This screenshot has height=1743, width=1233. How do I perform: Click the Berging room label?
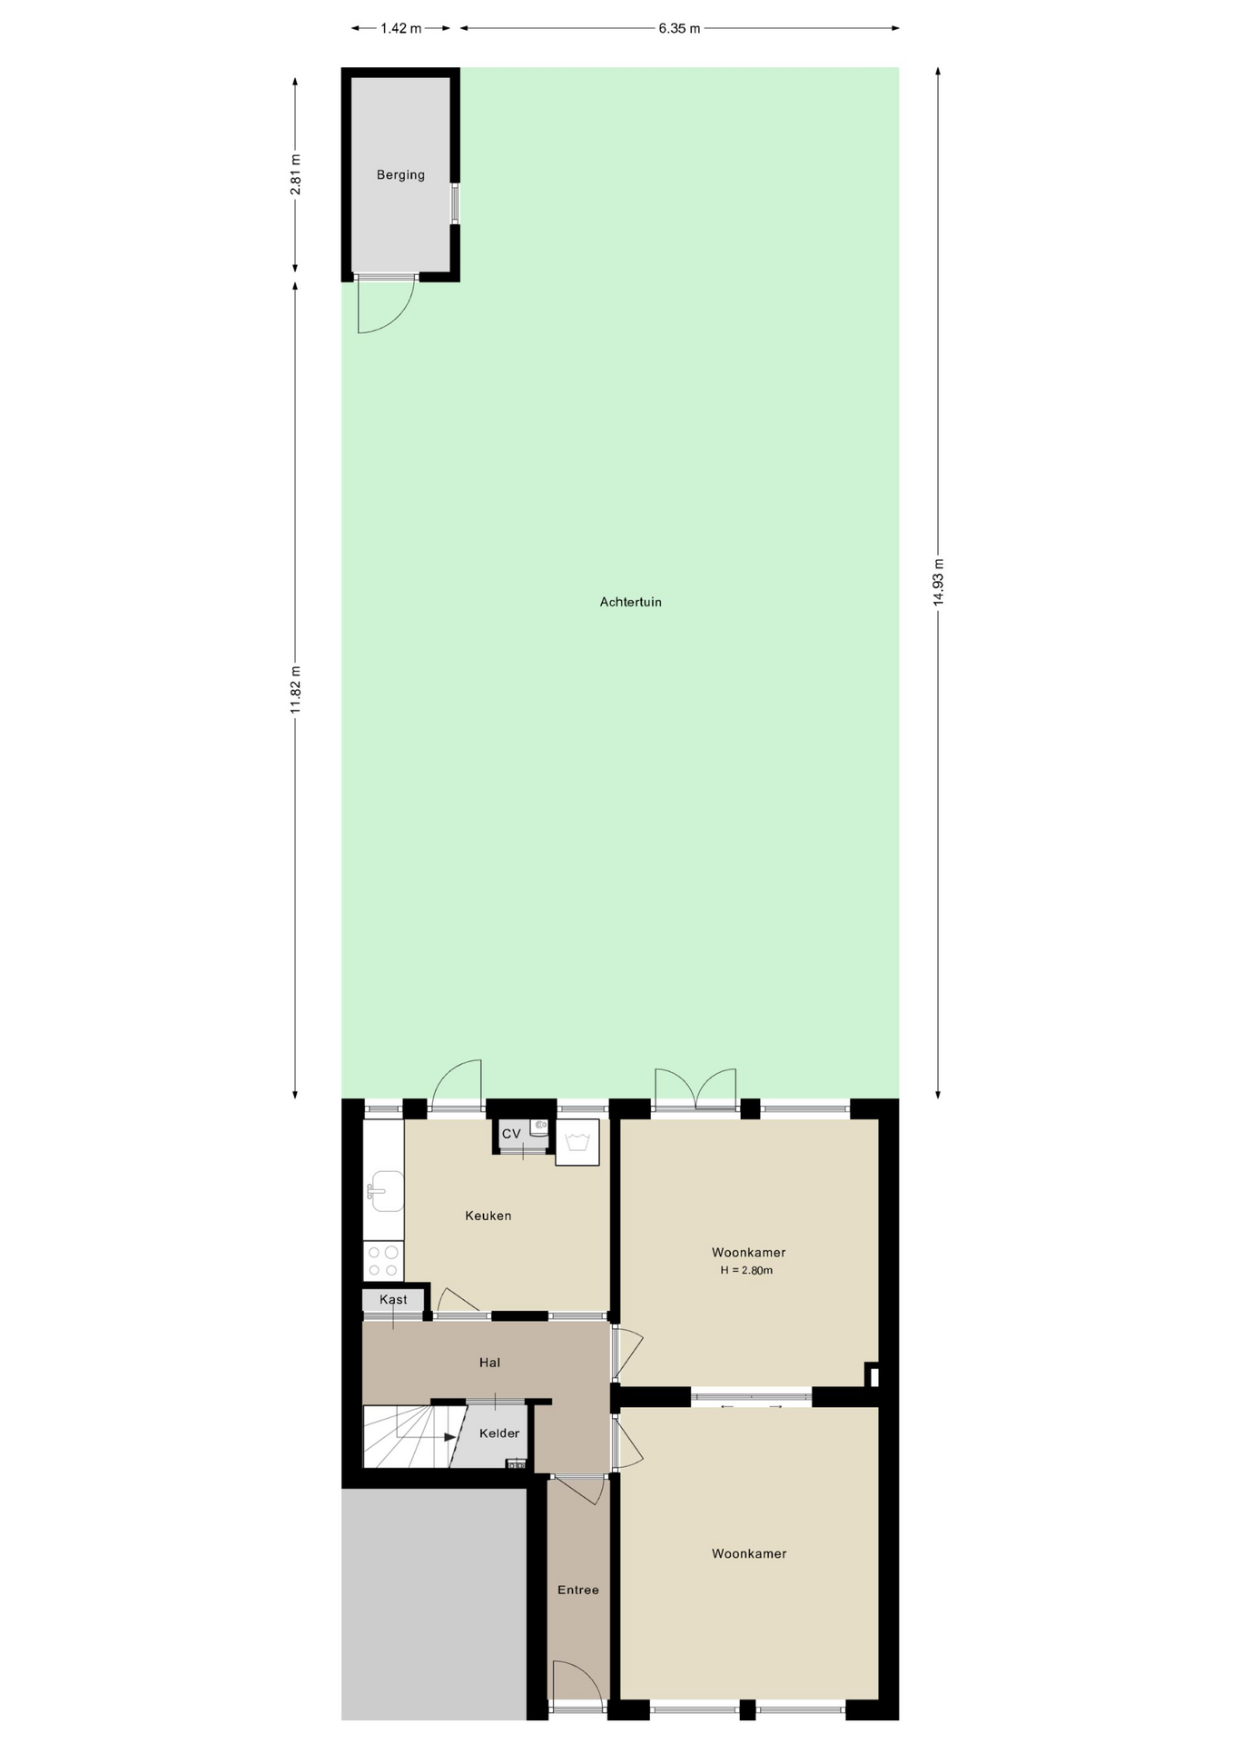tap(400, 175)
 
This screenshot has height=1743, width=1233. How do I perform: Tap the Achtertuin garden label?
tap(630, 602)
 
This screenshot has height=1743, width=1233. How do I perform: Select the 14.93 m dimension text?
tap(939, 582)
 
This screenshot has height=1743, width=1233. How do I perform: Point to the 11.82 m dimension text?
tap(295, 689)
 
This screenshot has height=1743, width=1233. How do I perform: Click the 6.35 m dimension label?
tap(679, 28)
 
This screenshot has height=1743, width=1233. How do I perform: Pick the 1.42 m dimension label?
tap(400, 28)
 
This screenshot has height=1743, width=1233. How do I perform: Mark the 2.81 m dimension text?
tap(295, 174)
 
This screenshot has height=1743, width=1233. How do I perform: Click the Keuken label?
tap(488, 1216)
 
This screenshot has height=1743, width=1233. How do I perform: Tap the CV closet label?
tap(511, 1134)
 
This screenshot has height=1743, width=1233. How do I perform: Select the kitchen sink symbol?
tap(385, 1191)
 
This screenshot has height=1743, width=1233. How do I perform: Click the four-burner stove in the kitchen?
tap(383, 1261)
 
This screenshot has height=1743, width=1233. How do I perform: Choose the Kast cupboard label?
tap(393, 1299)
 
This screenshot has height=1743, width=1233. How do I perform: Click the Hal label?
tap(489, 1363)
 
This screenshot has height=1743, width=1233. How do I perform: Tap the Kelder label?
tap(499, 1433)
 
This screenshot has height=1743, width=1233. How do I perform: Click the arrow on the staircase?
tap(449, 1437)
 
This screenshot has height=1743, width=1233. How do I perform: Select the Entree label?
tap(578, 1590)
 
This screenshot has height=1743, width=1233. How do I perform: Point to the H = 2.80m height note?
tap(746, 1270)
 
